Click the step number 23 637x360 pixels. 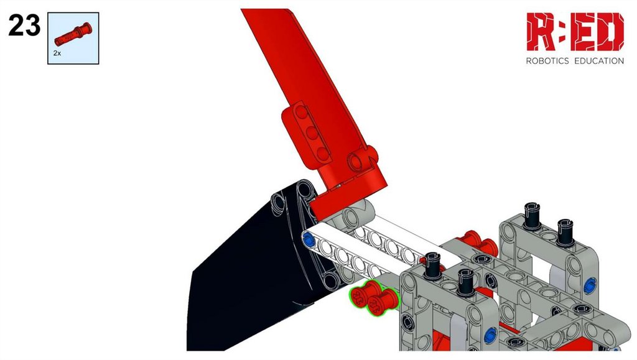[24, 25]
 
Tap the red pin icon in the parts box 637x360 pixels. [73, 34]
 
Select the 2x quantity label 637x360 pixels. [57, 53]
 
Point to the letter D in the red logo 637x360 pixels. [610, 32]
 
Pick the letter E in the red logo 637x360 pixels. [583, 32]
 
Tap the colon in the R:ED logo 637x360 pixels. [563, 32]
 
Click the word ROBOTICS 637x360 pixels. [547, 61]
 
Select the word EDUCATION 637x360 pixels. [599, 61]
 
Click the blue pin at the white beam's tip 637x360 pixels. [309, 240]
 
